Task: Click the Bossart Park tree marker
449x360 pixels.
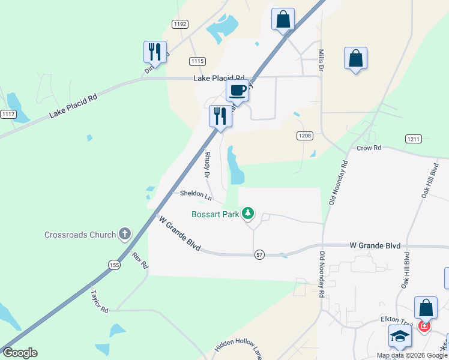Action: pos(248,213)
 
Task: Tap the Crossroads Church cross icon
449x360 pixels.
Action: pos(125,233)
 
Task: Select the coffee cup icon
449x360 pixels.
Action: pos(237,91)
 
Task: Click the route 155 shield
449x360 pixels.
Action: pos(114,265)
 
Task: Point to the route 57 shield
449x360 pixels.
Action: pos(259,254)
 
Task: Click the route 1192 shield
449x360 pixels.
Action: pos(179,24)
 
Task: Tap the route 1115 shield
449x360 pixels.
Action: pos(197,61)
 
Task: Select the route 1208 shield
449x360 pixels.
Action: pos(305,136)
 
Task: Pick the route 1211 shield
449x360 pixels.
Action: pos(413,139)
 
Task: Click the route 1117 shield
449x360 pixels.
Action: pos(8,114)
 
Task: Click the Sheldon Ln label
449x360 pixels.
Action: pos(196,194)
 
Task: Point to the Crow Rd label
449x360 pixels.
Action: pos(369,148)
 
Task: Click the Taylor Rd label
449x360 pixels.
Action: pos(99,301)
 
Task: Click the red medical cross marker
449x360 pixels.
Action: pos(424,326)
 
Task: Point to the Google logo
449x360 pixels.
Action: pos(20,353)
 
